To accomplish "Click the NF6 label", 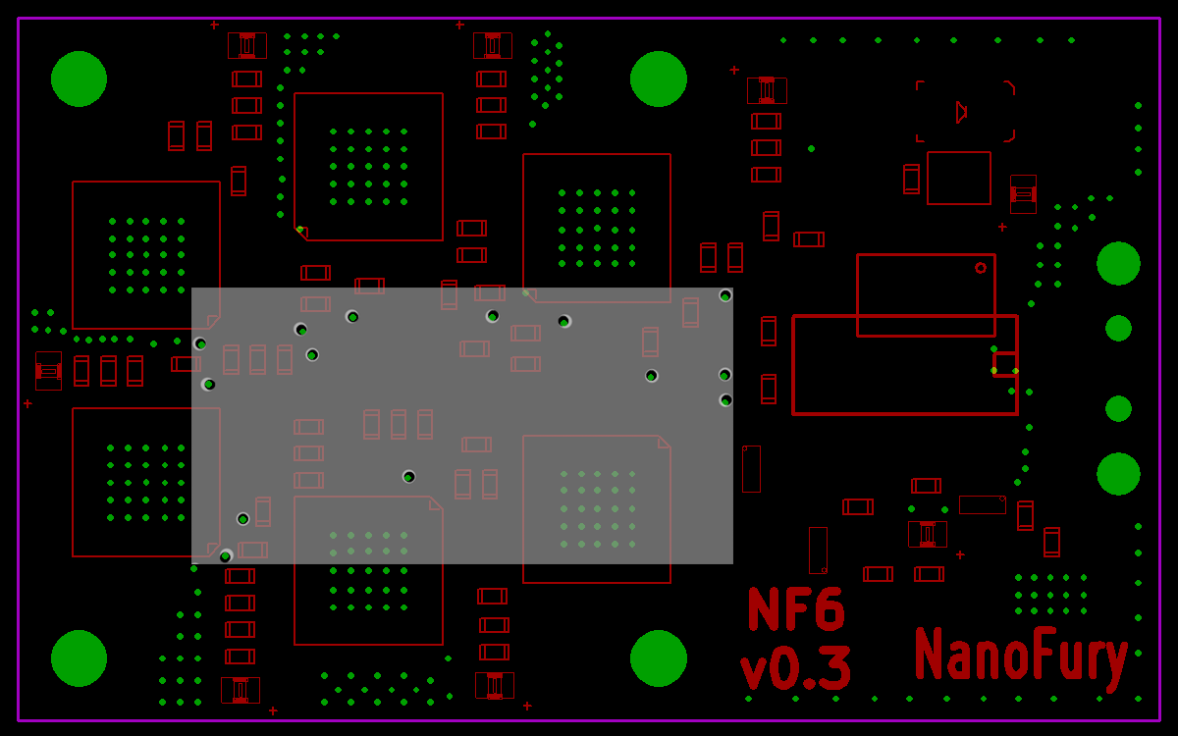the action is (x=796, y=608).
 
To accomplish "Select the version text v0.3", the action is (x=795, y=667).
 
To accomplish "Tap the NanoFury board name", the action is (x=1021, y=657).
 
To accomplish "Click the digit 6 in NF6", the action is (x=829, y=608).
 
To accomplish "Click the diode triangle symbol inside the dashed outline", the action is (x=961, y=112).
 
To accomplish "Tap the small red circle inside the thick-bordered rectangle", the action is (x=981, y=268).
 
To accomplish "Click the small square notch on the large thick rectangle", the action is (x=1005, y=364).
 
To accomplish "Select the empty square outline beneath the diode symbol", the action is (x=959, y=179).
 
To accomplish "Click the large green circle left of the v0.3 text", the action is (x=659, y=658).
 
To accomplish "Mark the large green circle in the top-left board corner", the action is (x=79, y=79).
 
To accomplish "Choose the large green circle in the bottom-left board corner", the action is (x=79, y=658).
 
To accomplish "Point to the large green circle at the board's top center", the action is (x=659, y=79).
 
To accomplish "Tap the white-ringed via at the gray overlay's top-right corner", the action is (x=725, y=295).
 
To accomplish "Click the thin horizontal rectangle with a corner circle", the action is (x=983, y=504).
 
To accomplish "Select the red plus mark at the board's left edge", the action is (x=27, y=403).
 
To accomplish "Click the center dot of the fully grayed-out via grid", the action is (x=598, y=509).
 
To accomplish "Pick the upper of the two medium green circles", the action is (x=1118, y=329).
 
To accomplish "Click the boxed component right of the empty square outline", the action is (x=1023, y=194).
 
